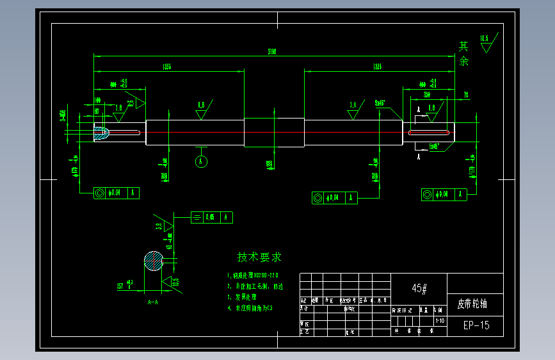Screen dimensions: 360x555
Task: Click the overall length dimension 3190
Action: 272,51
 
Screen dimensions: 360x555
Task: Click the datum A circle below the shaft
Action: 201,161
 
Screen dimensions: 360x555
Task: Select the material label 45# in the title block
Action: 419,289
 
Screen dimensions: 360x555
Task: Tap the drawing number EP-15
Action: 476,325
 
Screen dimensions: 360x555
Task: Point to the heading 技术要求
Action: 259,258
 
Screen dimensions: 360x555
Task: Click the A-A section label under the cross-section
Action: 153,300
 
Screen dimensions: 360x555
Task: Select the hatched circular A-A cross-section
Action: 154,261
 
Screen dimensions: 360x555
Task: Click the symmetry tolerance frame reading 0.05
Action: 211,218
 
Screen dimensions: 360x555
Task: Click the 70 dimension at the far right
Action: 465,95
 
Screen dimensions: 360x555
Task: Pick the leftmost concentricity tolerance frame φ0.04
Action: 116,193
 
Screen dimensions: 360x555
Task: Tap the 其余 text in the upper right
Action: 464,54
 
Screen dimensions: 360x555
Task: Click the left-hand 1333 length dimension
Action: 167,66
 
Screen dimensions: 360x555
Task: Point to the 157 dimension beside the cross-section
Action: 119,286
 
